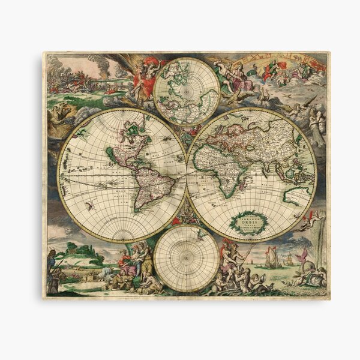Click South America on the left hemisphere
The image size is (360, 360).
tap(150, 183)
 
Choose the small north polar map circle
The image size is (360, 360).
tap(186, 90)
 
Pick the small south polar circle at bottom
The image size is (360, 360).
tap(187, 258)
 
